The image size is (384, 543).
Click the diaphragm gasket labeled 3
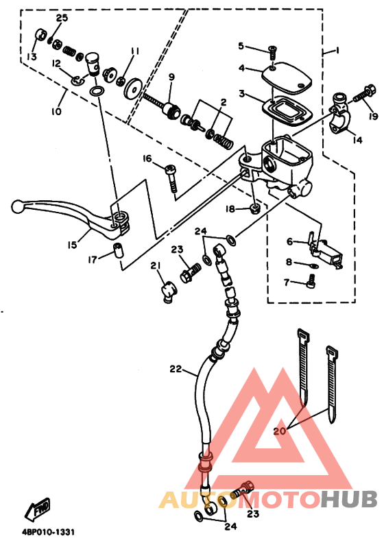(x=287, y=110)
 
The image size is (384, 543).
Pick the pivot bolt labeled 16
(x=171, y=178)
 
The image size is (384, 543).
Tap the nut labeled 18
(x=255, y=208)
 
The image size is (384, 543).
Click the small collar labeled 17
(x=119, y=250)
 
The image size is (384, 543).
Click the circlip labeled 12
(x=79, y=80)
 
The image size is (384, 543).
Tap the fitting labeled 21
(x=169, y=293)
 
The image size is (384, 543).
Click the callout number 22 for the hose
(x=176, y=369)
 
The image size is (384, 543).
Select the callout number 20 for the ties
(x=280, y=431)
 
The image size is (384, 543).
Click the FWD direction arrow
(x=38, y=510)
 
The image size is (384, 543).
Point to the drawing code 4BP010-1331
(x=48, y=531)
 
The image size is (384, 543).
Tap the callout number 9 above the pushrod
(x=171, y=77)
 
